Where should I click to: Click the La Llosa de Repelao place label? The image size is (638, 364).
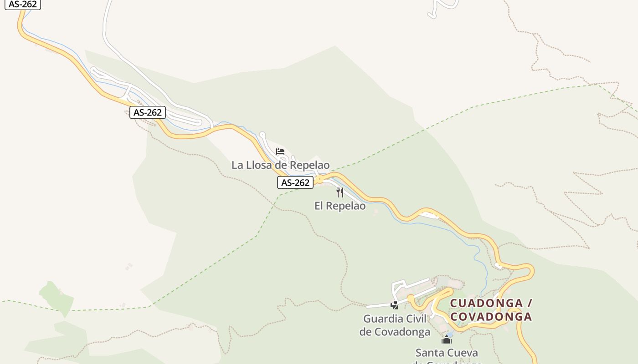[x=280, y=165]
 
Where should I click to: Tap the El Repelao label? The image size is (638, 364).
[x=340, y=206]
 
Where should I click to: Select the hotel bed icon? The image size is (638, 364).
[x=280, y=151]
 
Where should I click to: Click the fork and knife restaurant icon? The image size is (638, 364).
[x=340, y=192]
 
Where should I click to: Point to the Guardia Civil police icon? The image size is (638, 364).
[x=395, y=305]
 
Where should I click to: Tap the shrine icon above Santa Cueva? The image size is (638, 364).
[x=446, y=339]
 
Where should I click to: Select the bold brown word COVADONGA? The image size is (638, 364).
[x=491, y=317]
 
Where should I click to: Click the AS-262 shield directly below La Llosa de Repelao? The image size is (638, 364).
[x=295, y=183]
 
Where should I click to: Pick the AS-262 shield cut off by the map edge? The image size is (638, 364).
[x=23, y=4]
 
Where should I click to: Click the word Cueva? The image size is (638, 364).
[x=463, y=353]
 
